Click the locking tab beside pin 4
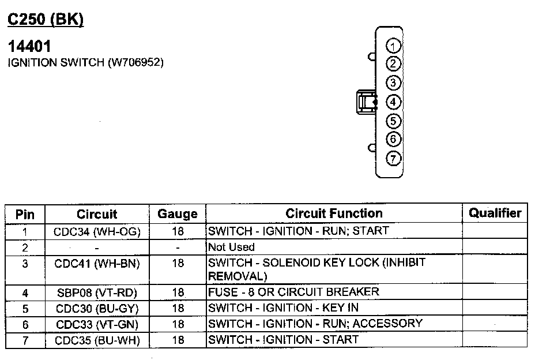pos(366,102)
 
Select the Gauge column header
pos(178,214)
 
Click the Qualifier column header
pos(495,213)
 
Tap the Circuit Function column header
pos(334,213)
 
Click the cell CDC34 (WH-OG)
pos(97,231)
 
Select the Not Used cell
pos(231,247)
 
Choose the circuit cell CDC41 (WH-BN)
pos(97,263)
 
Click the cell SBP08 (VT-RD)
pos(97,292)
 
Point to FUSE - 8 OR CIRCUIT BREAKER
pos(293,291)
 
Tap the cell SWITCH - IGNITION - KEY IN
pos(283,307)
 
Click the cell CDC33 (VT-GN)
pos(97,324)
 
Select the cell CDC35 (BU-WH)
pos(97,340)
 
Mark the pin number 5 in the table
pos(25,308)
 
